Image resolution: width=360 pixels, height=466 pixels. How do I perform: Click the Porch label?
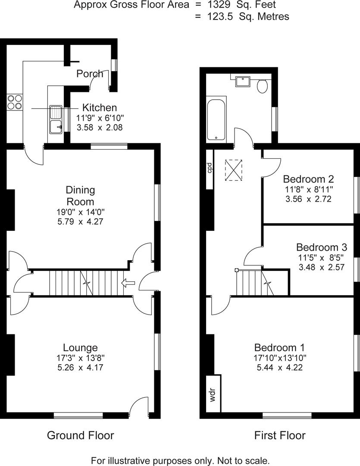90,74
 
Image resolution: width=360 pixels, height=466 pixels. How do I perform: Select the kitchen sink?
56,120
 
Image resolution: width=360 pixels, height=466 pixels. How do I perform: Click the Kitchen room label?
100,108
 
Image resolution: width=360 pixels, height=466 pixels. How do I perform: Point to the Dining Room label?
80,195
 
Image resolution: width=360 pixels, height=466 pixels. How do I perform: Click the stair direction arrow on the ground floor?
128,283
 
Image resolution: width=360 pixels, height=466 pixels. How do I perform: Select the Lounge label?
80,347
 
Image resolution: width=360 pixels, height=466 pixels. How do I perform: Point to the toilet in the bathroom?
262,86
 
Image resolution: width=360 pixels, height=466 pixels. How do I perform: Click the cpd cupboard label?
209,167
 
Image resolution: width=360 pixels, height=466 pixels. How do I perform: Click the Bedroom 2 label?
308,179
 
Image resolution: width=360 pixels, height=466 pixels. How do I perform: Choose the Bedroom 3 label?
322,248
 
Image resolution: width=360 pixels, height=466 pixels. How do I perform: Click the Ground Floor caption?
80,435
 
